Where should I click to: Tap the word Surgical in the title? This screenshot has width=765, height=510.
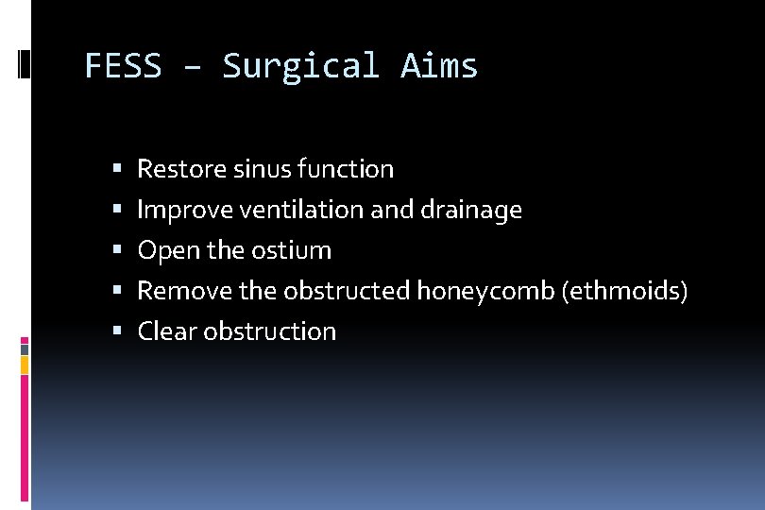pyautogui.click(x=300, y=66)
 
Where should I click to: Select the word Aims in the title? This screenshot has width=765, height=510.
pyautogui.click(x=439, y=66)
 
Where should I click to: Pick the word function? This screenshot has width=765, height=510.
pyautogui.click(x=345, y=169)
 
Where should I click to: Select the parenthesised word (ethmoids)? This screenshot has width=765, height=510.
pyautogui.click(x=624, y=291)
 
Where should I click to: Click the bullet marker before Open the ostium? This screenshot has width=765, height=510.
pyautogui.click(x=117, y=250)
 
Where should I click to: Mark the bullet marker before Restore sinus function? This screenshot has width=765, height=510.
pyautogui.click(x=117, y=169)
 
